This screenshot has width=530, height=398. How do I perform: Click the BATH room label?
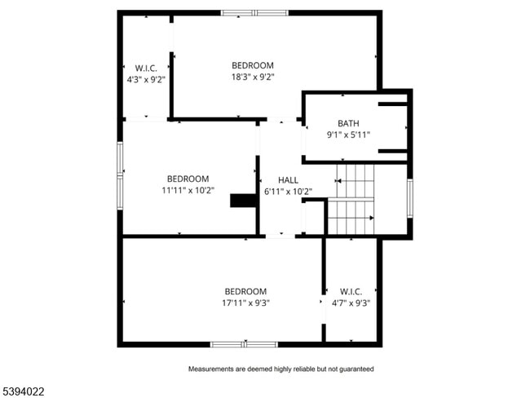click(348, 124)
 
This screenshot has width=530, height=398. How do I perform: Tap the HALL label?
click(288, 179)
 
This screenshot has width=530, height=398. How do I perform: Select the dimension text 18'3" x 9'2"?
click(252, 77)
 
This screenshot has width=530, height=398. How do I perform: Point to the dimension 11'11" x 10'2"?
click(188, 191)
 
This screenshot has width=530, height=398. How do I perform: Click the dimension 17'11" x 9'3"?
click(245, 303)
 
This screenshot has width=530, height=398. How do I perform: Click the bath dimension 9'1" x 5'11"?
click(348, 135)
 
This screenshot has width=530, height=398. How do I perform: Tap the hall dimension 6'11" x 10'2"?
click(288, 192)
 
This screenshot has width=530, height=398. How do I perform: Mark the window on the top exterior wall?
click(253, 13)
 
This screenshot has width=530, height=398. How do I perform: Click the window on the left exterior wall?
click(121, 170)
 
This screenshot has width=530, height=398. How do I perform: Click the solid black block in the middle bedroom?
click(243, 201)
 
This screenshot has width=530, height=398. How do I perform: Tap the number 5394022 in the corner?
click(23, 391)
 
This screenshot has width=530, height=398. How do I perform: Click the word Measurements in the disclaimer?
click(214, 369)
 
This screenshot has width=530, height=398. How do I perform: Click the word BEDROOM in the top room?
click(252, 65)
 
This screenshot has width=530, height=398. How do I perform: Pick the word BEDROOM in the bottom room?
click(245, 291)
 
